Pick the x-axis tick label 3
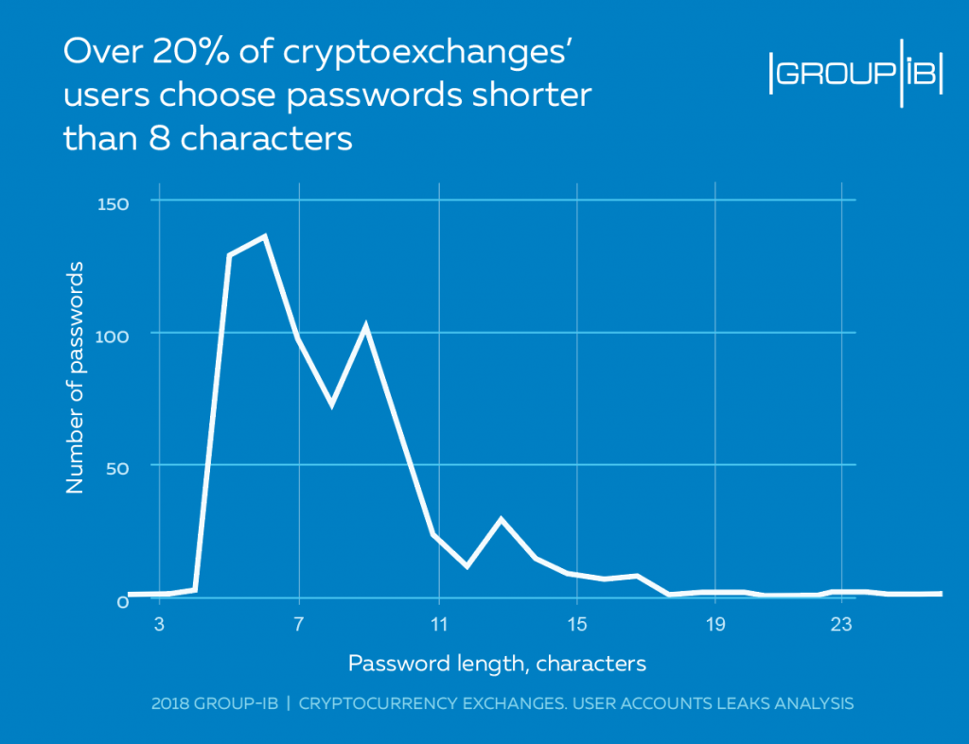[x=159, y=625]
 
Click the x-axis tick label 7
[x=299, y=625]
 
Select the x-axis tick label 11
[x=438, y=625]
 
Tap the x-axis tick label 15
[x=576, y=625]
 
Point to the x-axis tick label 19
[x=715, y=625]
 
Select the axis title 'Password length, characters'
[x=497, y=664]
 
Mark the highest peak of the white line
[x=265, y=236]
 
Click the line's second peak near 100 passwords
[x=366, y=326]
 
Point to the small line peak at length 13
[x=501, y=519]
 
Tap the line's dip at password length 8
[x=333, y=404]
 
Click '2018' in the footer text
[x=170, y=704]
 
